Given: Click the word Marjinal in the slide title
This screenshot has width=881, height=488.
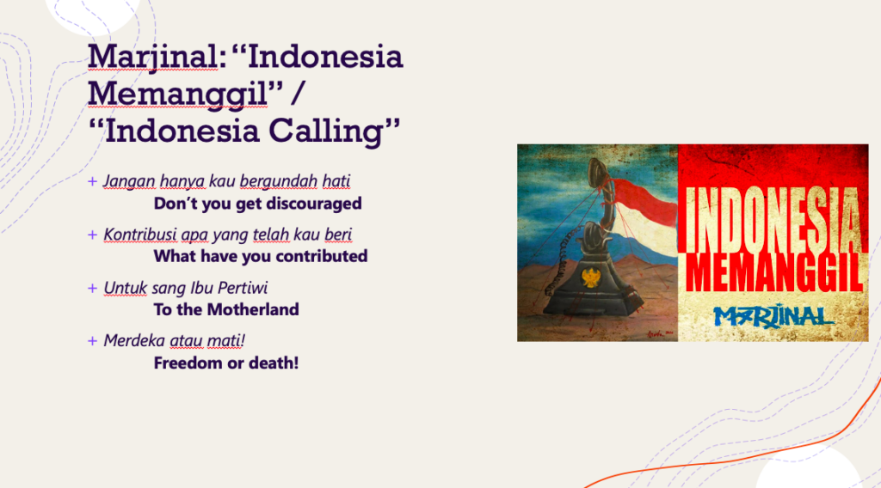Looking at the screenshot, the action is click(152, 58).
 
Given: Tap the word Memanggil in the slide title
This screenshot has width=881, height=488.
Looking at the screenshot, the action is click(177, 94).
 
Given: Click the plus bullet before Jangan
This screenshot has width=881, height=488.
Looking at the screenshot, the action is click(93, 181).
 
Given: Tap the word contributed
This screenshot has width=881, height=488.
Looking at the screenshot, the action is click(314, 256).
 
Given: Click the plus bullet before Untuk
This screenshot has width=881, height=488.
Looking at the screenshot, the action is click(93, 288).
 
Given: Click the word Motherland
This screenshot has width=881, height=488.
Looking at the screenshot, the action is click(253, 309).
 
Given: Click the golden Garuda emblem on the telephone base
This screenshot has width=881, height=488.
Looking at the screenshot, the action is click(590, 278).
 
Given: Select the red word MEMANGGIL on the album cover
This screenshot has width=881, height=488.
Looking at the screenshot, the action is click(774, 272).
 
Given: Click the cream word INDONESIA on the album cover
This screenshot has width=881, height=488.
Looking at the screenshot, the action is click(773, 220).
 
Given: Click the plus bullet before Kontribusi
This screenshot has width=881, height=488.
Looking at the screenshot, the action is click(93, 235).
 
